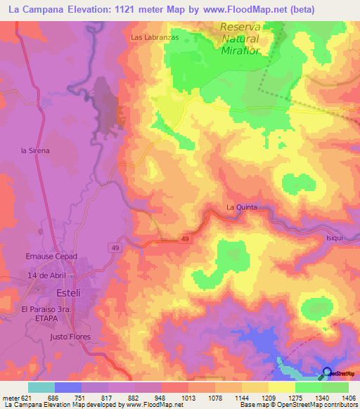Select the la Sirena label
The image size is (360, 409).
[x=35, y=150]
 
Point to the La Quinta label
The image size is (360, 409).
[x=242, y=207]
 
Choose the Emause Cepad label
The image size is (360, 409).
[x=51, y=257]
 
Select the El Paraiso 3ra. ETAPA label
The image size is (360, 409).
[x=48, y=313]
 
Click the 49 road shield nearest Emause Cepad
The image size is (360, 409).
[x=115, y=247]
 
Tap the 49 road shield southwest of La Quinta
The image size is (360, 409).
[x=184, y=240]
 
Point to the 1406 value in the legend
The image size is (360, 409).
[x=347, y=398]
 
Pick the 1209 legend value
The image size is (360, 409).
[x=267, y=398]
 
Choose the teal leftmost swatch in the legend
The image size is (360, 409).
[x=41, y=387]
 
